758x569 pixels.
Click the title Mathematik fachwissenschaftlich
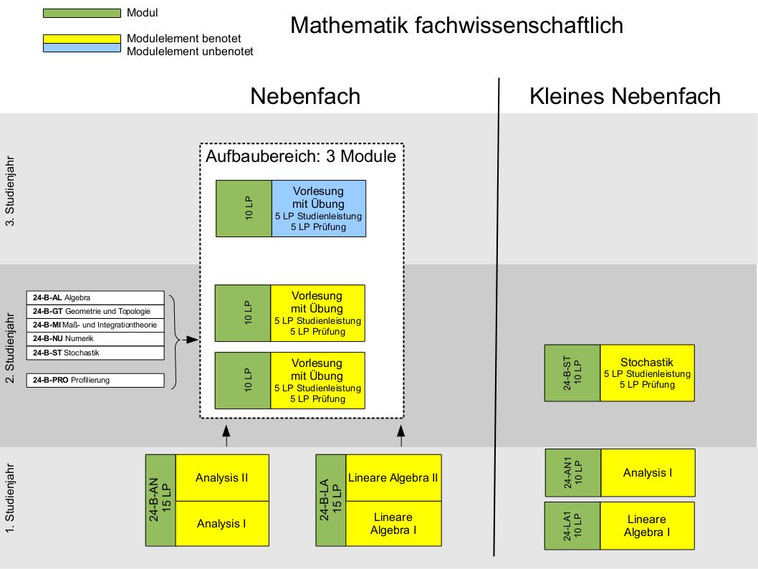[x=456, y=25]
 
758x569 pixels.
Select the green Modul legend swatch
[x=82, y=13]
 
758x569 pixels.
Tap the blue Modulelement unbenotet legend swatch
[x=82, y=48]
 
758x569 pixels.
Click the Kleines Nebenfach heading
[x=625, y=96]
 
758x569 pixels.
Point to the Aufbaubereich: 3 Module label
[x=301, y=156]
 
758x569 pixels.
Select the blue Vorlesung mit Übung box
[x=319, y=209]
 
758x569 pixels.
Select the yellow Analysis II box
[x=222, y=478]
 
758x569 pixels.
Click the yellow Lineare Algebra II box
[x=393, y=478]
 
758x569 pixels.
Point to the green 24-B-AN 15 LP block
[x=160, y=499]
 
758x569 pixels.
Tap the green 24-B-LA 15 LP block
[x=331, y=499]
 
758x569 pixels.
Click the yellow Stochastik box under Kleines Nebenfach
[x=647, y=373]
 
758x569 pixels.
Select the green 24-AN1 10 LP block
[x=573, y=473]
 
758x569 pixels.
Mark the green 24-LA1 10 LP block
[x=573, y=526]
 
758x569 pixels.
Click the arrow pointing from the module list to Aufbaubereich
[x=189, y=338]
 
